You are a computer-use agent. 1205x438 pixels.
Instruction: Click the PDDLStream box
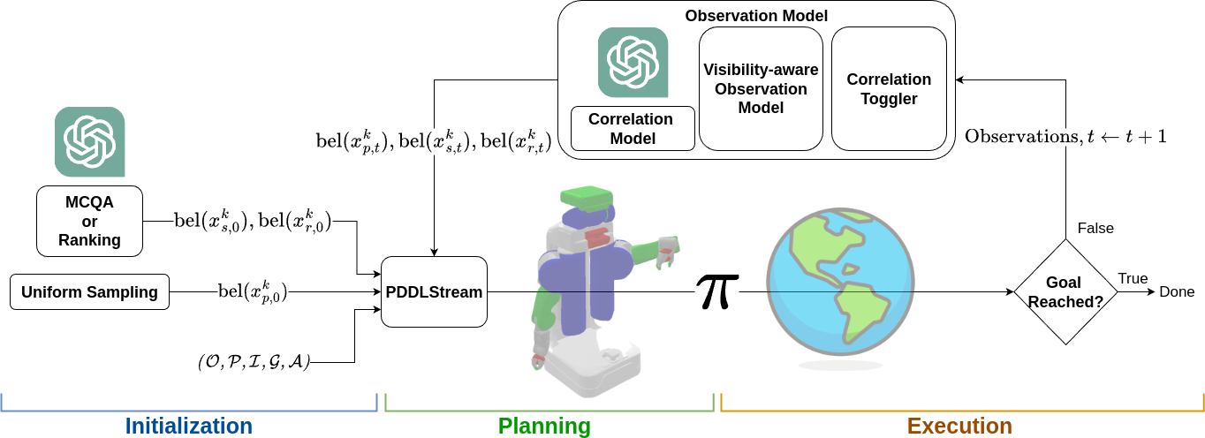[x=434, y=291]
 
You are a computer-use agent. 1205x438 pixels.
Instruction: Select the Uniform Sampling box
[x=90, y=291]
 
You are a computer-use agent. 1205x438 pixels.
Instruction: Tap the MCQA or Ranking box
[x=89, y=222]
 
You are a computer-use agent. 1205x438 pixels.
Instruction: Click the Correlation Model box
[x=630, y=128]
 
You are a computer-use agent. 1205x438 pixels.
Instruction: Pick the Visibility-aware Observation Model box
[x=761, y=88]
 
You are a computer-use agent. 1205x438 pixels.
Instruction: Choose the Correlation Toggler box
[x=889, y=88]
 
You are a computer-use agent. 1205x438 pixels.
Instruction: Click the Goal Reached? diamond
[x=1064, y=292]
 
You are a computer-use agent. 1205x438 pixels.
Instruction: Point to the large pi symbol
[x=717, y=291]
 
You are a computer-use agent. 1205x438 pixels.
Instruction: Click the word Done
[x=1177, y=292]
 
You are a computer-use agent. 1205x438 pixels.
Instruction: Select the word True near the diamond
[x=1133, y=278]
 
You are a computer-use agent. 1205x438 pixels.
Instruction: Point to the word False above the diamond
[x=1095, y=228]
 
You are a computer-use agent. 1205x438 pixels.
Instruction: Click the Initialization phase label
[x=188, y=426]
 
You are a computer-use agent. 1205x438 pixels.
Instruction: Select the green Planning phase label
[x=544, y=426]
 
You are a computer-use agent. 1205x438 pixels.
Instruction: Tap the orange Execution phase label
[x=959, y=426]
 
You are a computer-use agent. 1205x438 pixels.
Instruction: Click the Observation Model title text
[x=756, y=16]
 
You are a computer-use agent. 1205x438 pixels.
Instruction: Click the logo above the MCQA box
[x=89, y=142]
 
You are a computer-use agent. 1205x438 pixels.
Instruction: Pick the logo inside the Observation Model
[x=633, y=62]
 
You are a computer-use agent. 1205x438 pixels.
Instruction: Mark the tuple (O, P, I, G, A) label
[x=254, y=362]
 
